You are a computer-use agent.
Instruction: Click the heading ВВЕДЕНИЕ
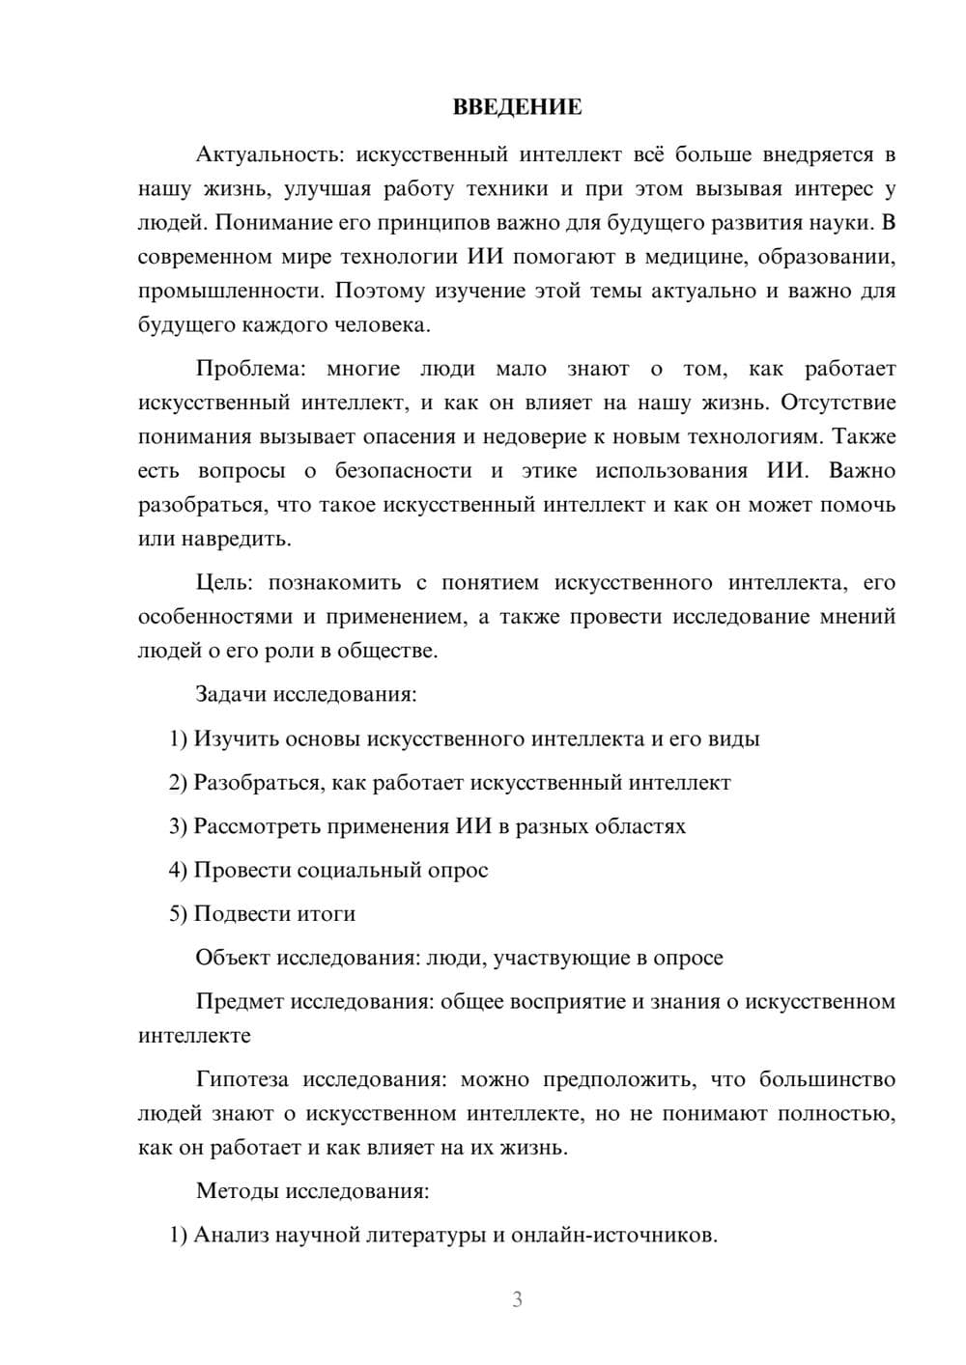point(517,107)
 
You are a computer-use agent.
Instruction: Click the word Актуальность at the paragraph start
point(255,154)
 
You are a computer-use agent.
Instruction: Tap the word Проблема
point(250,369)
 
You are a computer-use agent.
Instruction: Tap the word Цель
point(224,583)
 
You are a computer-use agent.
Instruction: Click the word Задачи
point(233,694)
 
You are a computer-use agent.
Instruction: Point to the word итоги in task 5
point(327,914)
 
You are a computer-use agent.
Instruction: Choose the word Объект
point(233,958)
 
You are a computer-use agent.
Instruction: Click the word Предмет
point(240,1001)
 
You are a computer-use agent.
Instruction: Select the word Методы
point(237,1191)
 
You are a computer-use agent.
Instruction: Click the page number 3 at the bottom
point(517,1299)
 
